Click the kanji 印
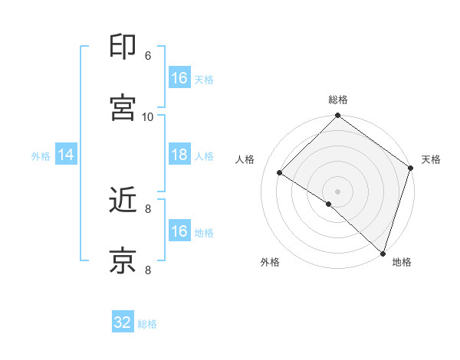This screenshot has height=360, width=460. (123, 47)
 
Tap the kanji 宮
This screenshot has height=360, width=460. (123, 108)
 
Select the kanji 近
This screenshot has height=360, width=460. (123, 200)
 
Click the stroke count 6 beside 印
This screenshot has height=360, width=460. (148, 55)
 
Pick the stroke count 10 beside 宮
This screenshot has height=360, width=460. (148, 116)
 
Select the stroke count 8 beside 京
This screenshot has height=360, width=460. (148, 270)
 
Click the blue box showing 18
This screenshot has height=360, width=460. (179, 155)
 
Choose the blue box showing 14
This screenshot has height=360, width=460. (66, 155)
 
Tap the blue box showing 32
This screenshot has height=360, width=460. (123, 322)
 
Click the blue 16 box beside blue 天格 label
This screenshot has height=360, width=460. (179, 78)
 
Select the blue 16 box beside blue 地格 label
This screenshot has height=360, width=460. (179, 231)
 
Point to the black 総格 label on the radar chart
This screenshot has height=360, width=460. (338, 100)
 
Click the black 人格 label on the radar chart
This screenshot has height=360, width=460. (245, 159)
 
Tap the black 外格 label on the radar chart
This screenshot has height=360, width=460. (270, 263)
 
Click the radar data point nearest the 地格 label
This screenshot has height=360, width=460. (383, 253)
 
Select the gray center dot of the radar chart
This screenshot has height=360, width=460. (337, 191)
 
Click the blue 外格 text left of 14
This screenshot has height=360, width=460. (41, 155)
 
